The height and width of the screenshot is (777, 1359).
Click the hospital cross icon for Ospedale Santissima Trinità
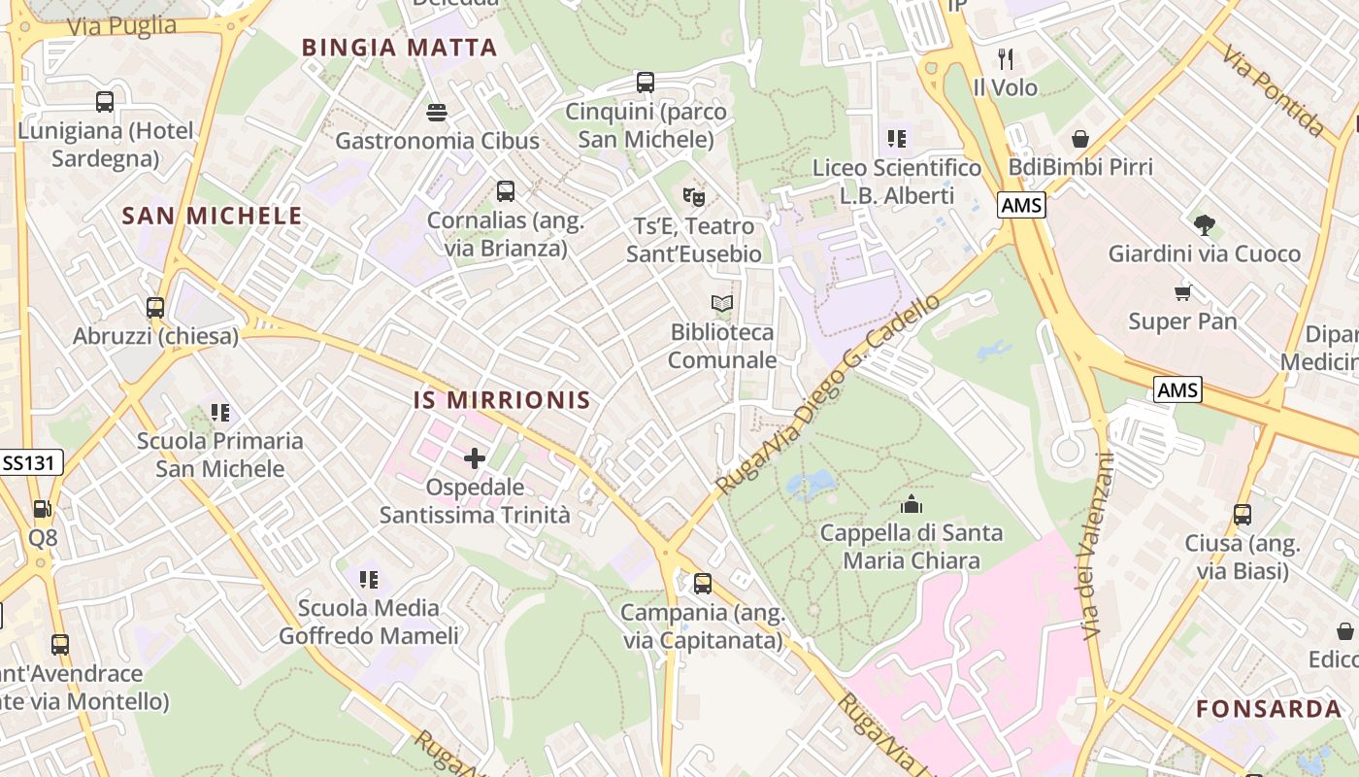tap(475, 458)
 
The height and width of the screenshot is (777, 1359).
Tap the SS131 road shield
tap(31, 463)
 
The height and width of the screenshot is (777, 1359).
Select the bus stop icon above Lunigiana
tap(105, 101)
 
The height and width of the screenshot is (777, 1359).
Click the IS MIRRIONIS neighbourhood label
tap(502, 400)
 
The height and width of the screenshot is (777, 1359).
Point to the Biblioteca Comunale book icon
tap(721, 304)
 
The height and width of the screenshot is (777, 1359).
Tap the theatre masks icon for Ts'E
tap(693, 197)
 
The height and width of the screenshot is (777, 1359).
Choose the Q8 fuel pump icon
tap(42, 509)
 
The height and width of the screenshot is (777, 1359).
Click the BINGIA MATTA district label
tap(399, 48)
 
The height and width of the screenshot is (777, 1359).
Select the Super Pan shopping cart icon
tap(1182, 292)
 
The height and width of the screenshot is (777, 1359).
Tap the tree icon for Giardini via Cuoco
tap(1205, 225)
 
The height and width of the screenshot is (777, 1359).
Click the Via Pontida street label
tap(1274, 90)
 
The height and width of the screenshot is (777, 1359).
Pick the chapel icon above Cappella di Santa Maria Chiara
tap(911, 504)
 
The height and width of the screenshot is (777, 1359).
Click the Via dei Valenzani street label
tap(1094, 546)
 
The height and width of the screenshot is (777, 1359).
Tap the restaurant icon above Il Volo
tap(1006, 59)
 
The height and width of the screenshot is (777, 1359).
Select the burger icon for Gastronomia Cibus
tap(437, 113)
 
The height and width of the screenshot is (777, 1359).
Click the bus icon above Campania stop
tap(702, 584)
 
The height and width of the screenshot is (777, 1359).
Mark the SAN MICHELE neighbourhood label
tap(212, 217)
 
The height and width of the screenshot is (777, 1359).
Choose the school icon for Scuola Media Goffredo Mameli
tap(369, 580)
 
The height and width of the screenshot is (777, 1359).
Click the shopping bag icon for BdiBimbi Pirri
tap(1080, 139)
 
